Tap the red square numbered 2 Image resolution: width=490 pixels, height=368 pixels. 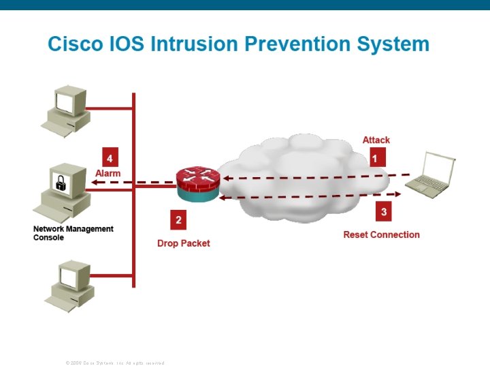(x=178, y=219)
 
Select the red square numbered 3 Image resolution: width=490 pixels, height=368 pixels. (x=384, y=212)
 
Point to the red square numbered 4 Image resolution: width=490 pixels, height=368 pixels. (x=110, y=157)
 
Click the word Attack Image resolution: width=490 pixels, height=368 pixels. (x=376, y=140)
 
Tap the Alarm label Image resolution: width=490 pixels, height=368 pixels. (x=108, y=173)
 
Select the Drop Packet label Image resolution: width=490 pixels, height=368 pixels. (x=183, y=243)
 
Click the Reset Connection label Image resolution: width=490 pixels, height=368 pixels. (x=381, y=234)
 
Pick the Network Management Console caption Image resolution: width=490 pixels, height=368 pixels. (x=73, y=233)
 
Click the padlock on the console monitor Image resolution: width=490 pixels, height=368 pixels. (x=61, y=183)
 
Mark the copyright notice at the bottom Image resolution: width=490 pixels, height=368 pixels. (x=115, y=363)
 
